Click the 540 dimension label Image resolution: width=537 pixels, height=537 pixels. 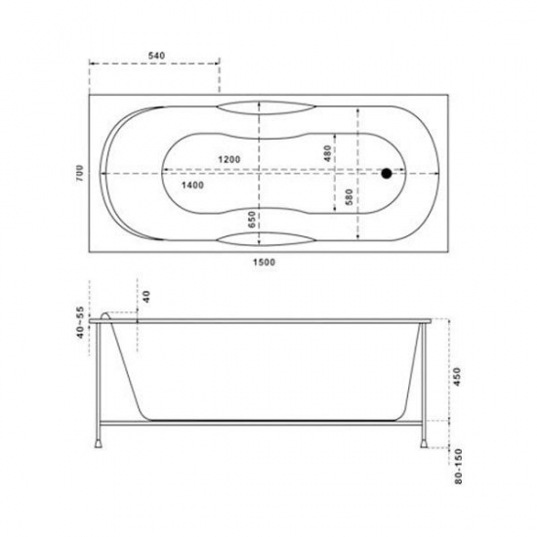[156, 56]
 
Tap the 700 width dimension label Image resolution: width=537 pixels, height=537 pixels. [79, 173]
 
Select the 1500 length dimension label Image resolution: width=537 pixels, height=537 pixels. [264, 263]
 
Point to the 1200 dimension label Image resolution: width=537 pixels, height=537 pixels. [229, 159]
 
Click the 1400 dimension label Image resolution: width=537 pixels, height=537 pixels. [192, 186]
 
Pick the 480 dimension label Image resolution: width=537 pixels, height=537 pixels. [327, 153]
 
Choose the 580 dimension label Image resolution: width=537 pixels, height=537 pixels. [349, 196]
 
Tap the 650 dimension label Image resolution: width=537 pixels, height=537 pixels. [252, 220]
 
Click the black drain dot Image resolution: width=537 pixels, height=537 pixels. [387, 173]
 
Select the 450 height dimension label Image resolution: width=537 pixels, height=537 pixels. [457, 377]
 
